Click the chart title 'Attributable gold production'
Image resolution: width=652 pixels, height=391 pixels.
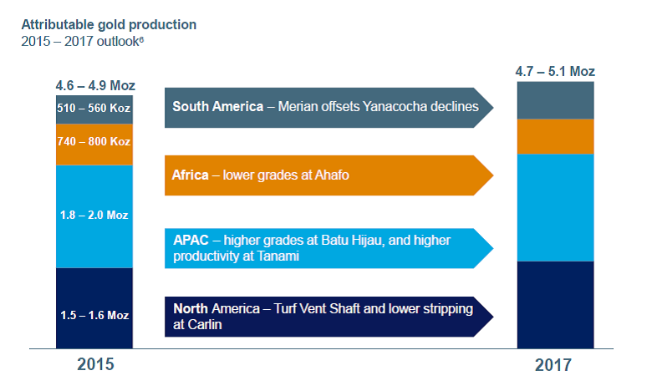(x=109, y=25)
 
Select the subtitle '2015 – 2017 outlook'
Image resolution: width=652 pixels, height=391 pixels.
(x=80, y=42)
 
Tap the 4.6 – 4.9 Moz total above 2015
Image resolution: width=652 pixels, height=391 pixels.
(x=95, y=85)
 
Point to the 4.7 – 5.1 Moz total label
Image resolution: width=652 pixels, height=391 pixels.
(x=555, y=72)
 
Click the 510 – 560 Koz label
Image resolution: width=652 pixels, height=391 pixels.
(x=94, y=108)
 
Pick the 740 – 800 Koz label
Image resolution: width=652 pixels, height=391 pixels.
(x=94, y=141)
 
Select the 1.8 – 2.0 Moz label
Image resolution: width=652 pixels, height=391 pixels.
(x=94, y=215)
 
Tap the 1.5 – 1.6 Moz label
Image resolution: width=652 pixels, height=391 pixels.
(x=94, y=315)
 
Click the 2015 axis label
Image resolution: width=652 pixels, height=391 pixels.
(x=95, y=364)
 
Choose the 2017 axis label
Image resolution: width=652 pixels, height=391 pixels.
(x=553, y=365)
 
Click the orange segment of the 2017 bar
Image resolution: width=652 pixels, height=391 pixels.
(x=556, y=137)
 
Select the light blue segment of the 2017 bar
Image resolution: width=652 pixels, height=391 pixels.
(x=556, y=208)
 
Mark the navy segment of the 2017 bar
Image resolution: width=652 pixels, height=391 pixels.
(x=556, y=305)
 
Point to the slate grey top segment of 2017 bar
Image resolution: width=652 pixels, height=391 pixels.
(x=556, y=100)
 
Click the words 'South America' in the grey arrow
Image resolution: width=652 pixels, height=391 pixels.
(x=218, y=107)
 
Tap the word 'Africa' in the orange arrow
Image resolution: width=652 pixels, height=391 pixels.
(x=190, y=175)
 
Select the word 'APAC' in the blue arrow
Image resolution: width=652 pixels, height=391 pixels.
(x=191, y=240)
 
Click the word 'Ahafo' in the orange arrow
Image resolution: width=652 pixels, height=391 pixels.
(x=332, y=175)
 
